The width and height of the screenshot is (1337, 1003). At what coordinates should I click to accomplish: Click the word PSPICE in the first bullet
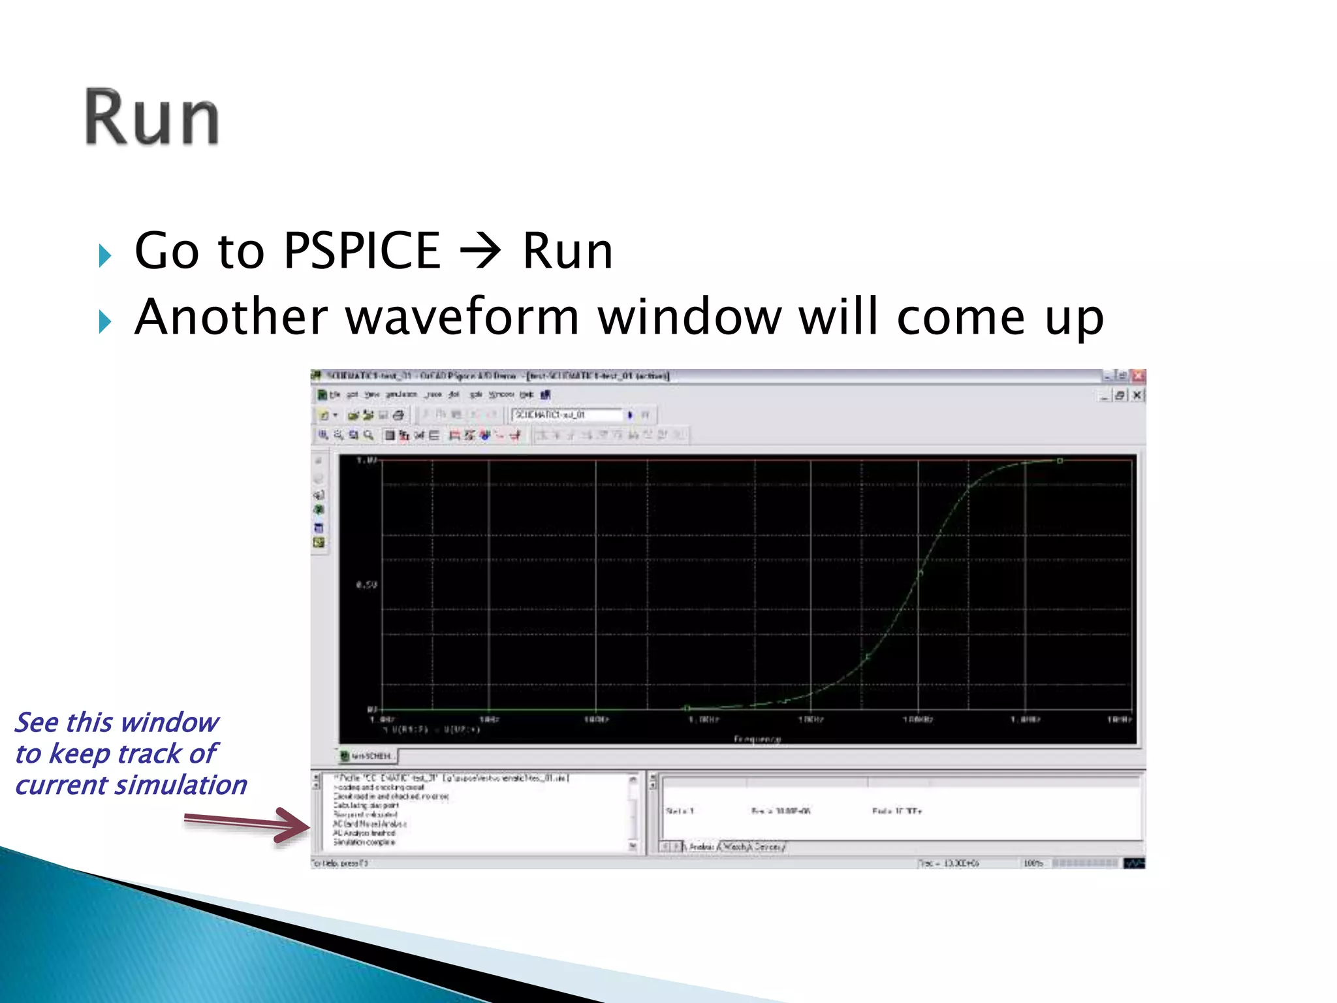[x=362, y=251]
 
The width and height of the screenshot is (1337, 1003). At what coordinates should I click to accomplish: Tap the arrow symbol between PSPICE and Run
[x=480, y=251]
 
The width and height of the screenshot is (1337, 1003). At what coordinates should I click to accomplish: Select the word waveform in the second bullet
[x=462, y=317]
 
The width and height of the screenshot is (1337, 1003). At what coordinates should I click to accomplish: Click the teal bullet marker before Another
[x=104, y=321]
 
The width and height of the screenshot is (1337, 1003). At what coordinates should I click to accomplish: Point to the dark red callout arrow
[x=248, y=823]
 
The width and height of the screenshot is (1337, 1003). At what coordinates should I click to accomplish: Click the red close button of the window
[x=1139, y=376]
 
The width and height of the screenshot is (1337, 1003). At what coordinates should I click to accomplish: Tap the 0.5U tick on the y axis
[x=366, y=584]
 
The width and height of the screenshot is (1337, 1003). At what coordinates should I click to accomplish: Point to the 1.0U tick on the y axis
[x=366, y=460]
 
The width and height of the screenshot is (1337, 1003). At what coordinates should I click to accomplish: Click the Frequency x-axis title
[x=757, y=739]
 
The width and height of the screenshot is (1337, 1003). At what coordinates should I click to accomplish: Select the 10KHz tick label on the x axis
[x=811, y=720]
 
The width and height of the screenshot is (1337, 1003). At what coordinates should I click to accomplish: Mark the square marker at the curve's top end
[x=1060, y=461]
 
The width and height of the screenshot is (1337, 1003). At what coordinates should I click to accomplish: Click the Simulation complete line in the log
[x=364, y=842]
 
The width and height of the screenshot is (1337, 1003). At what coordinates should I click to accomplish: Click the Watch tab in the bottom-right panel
[x=735, y=846]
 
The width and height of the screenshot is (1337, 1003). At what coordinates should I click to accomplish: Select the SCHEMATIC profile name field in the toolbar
[x=567, y=415]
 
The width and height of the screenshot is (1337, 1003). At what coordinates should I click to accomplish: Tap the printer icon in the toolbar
[x=398, y=415]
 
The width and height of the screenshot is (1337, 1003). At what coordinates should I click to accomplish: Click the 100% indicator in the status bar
[x=1033, y=863]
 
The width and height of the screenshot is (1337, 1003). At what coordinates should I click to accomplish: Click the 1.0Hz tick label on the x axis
[x=382, y=720]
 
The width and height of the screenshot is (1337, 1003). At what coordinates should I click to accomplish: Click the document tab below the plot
[x=368, y=756]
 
